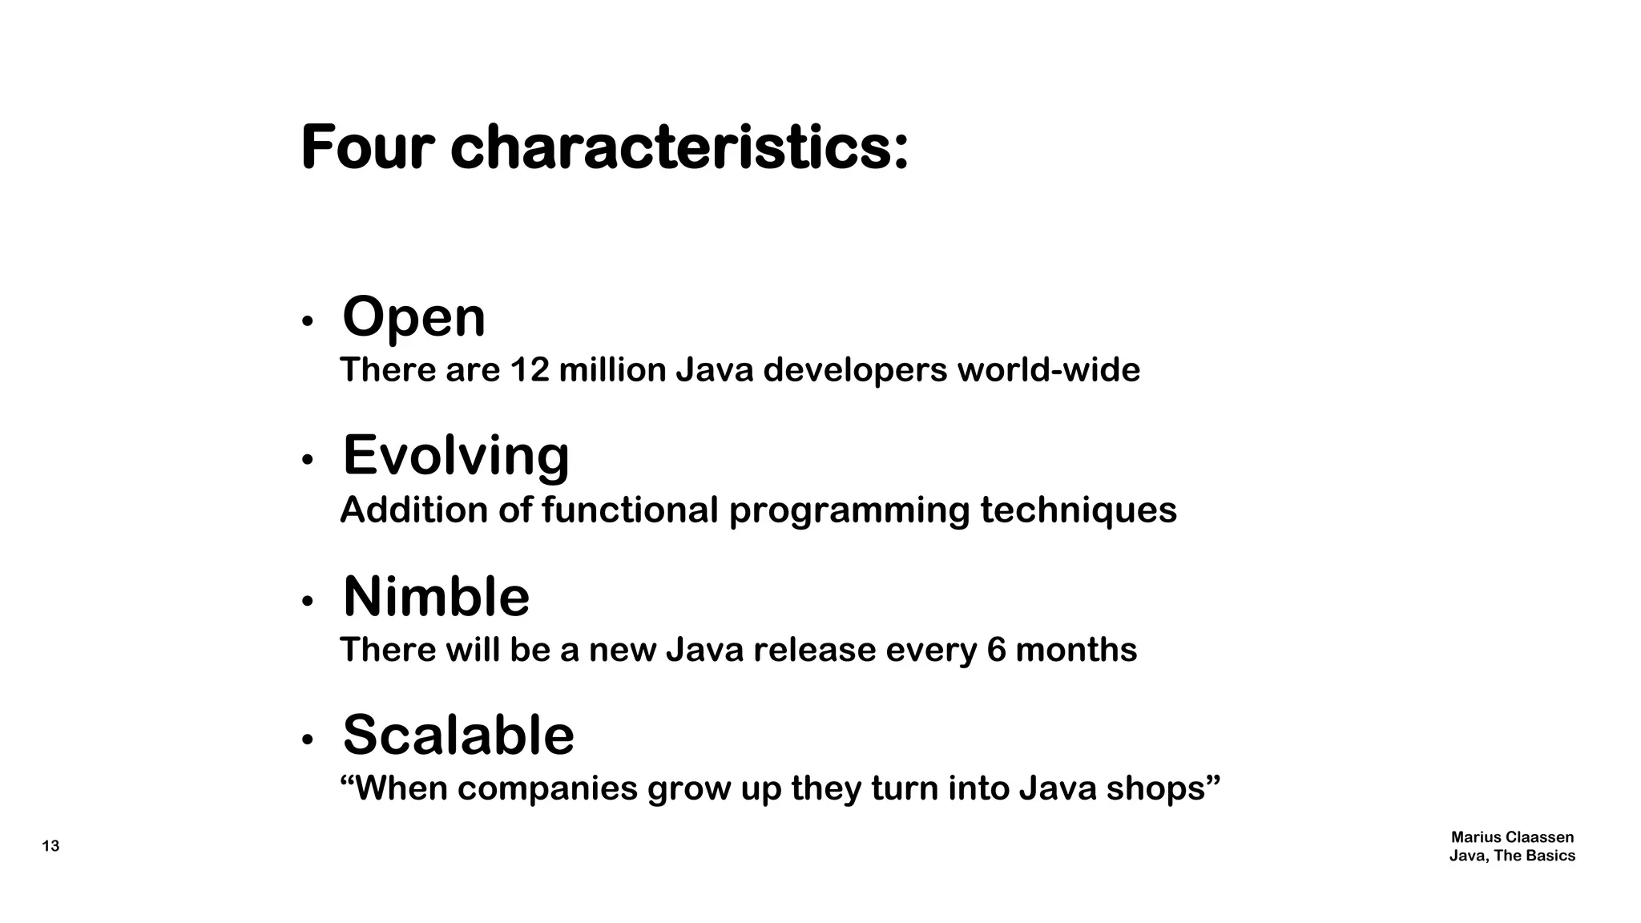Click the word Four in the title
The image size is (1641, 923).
click(x=367, y=148)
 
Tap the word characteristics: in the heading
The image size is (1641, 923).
click(x=679, y=148)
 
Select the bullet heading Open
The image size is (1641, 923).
click(x=413, y=317)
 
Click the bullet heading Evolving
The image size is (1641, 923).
click(x=456, y=456)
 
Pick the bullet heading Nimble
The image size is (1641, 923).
click(x=436, y=597)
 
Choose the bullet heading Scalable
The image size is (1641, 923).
click(x=458, y=735)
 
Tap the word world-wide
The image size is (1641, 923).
click(x=1048, y=370)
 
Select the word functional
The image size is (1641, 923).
click(x=630, y=510)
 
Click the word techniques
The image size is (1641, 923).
click(x=1079, y=510)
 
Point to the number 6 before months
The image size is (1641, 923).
click(x=996, y=650)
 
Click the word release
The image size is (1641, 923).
click(x=814, y=650)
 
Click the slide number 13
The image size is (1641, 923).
click(x=50, y=846)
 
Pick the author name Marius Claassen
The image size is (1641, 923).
click(x=1512, y=837)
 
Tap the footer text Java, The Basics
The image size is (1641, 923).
click(x=1512, y=856)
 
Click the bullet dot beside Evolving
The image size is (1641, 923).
click(x=306, y=460)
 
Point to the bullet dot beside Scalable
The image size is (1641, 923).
click(x=306, y=740)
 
